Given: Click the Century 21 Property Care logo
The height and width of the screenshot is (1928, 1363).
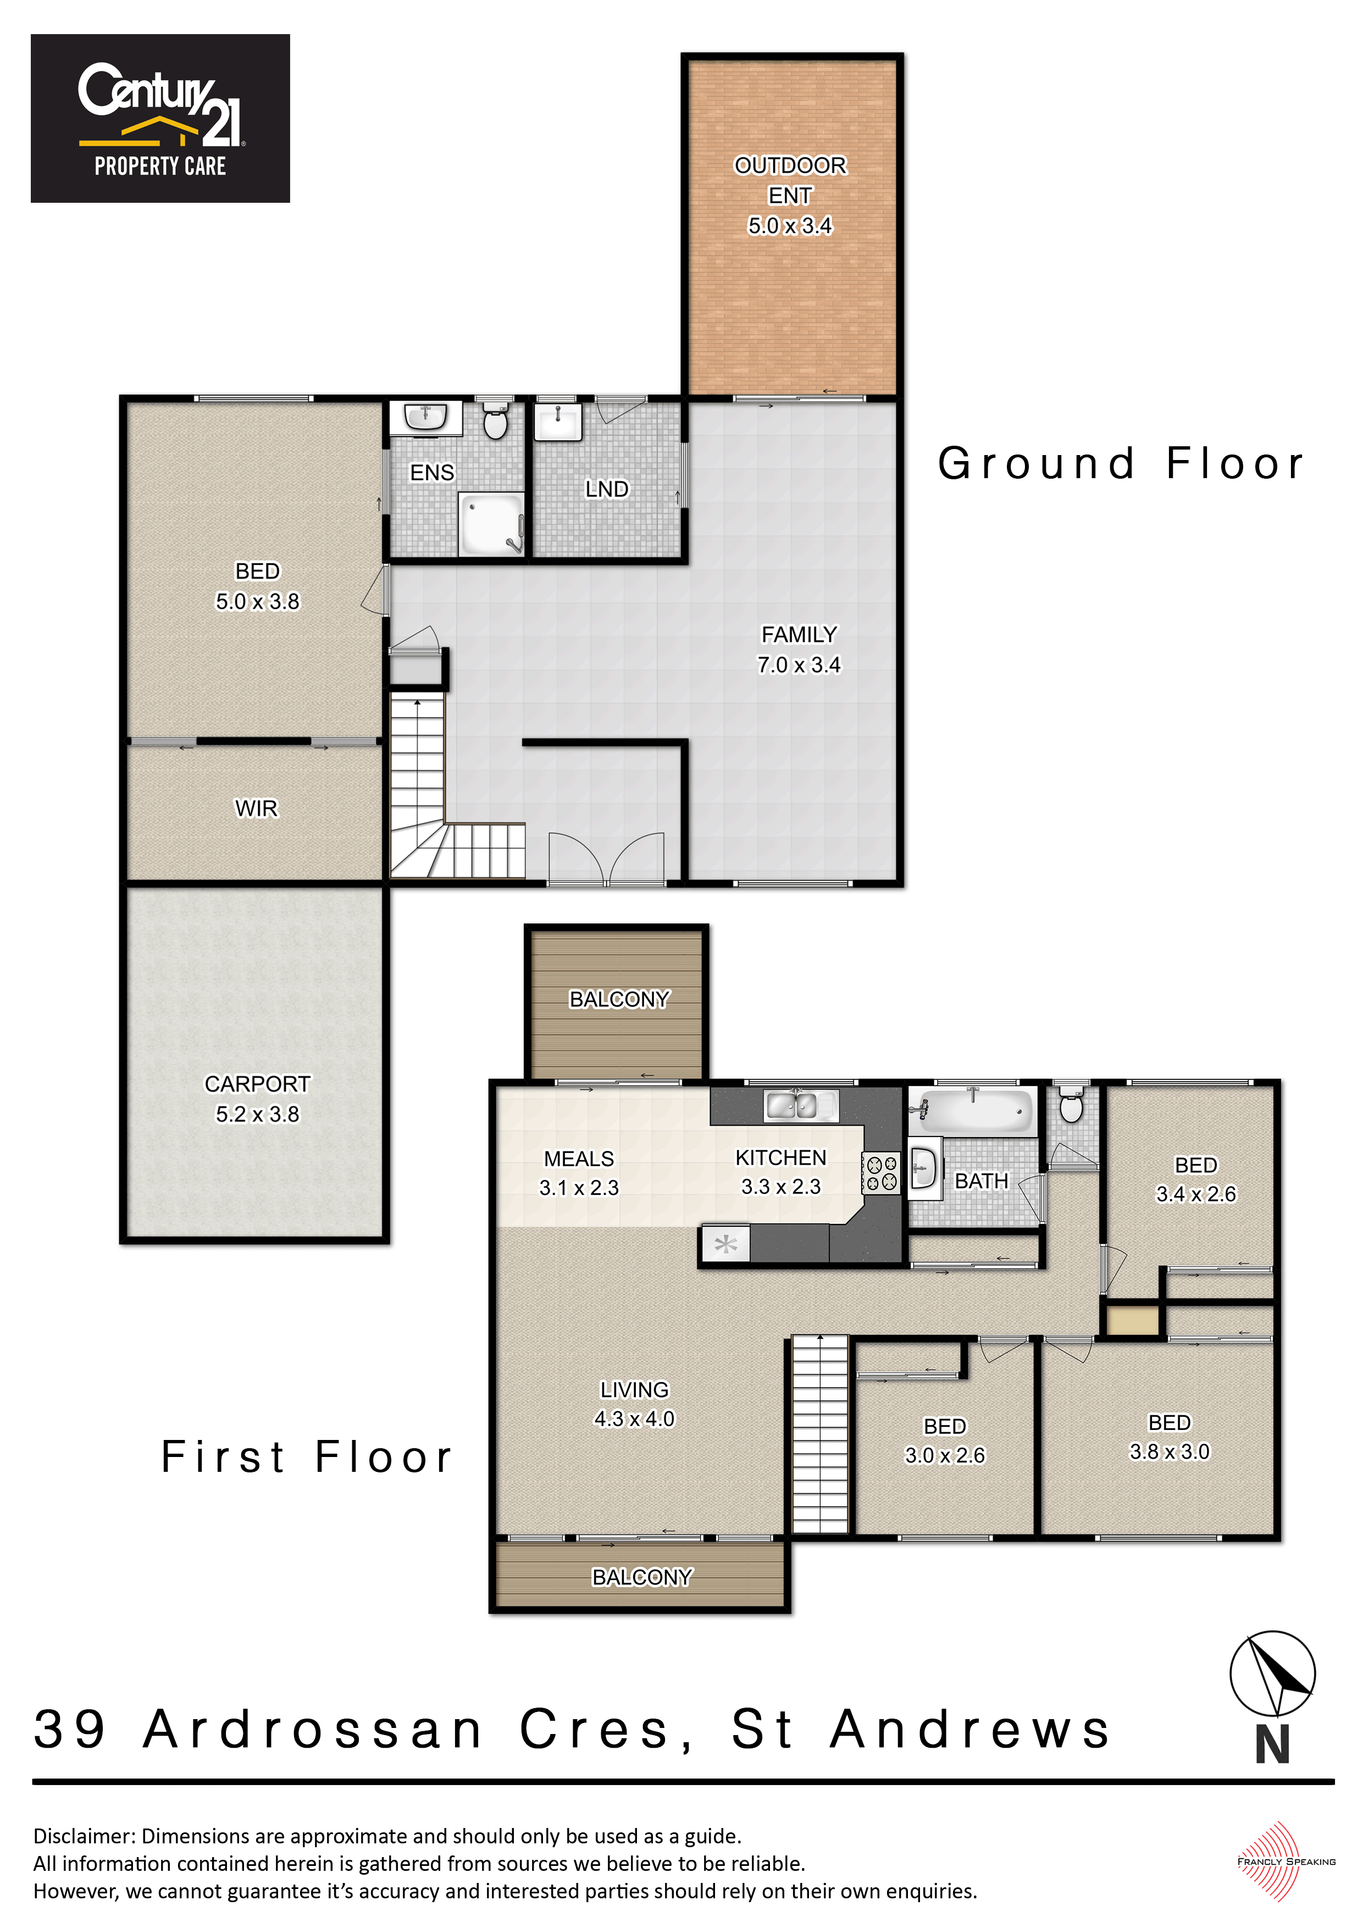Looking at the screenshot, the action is point(160,118).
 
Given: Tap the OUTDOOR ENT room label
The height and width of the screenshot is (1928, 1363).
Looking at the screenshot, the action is point(790,180).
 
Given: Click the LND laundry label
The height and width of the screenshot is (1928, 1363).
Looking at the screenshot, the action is point(606,489).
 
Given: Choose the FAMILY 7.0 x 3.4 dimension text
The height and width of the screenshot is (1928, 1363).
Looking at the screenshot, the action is point(799,664).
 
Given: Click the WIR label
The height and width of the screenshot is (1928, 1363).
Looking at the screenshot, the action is point(256,808).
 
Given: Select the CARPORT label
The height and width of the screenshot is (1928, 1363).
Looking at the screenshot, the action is point(257,1084).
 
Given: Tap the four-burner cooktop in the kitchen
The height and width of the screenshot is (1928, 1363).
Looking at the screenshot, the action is point(881,1172).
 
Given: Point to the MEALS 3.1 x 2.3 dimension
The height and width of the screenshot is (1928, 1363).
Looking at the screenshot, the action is point(579,1187).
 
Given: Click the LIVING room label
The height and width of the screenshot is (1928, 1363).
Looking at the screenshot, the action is point(634,1390).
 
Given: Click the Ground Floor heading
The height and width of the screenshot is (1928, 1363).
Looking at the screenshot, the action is point(1121,463).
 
